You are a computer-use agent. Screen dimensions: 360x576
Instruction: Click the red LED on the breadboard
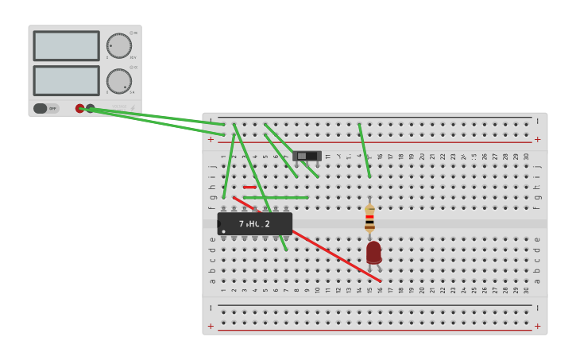tap(373, 253)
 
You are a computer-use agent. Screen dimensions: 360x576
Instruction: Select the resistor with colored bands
tap(369, 218)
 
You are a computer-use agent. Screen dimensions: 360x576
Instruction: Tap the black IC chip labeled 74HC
tap(255, 223)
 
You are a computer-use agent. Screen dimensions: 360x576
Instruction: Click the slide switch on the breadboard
tap(307, 156)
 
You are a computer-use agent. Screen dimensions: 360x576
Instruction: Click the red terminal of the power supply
tap(80, 108)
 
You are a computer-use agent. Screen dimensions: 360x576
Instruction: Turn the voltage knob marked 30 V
tap(118, 45)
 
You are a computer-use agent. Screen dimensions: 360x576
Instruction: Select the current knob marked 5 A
tap(118, 80)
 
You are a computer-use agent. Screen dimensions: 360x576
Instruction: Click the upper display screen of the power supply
tap(67, 46)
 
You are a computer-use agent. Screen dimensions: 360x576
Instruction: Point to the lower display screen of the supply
tap(67, 80)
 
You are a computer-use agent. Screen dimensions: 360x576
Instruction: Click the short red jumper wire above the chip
tap(249, 188)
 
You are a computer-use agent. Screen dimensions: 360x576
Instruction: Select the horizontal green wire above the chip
tap(276, 198)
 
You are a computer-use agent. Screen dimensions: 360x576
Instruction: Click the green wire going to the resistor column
tap(364, 151)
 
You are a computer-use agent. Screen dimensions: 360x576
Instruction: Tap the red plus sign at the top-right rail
tap(537, 139)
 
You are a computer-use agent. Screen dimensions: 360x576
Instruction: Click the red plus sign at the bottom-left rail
tap(211, 326)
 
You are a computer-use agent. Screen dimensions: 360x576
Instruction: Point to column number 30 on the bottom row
tap(526, 290)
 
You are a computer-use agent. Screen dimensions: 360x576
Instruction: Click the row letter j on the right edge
tap(537, 167)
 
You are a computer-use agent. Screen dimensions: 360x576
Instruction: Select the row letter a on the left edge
tap(212, 281)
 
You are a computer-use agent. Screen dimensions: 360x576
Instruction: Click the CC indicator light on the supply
tap(131, 68)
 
